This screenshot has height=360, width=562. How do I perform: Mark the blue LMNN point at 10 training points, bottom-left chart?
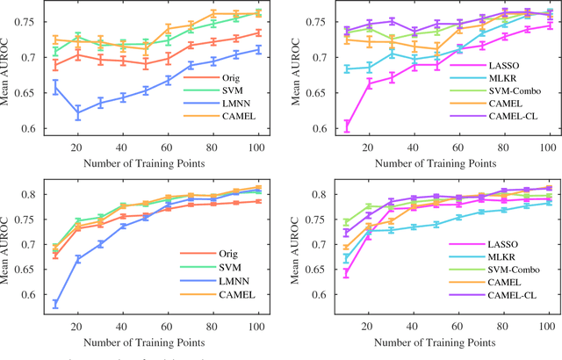[x=55, y=304]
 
